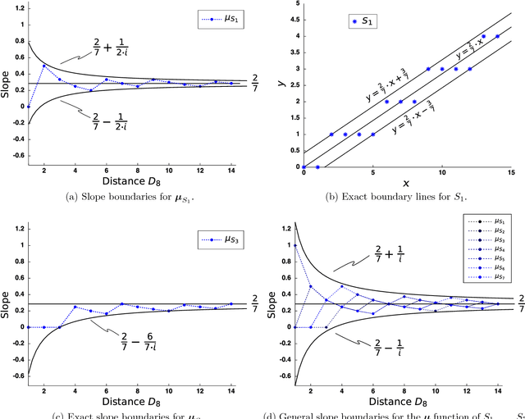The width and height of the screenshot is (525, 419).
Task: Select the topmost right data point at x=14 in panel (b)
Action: pyautogui.click(x=497, y=36)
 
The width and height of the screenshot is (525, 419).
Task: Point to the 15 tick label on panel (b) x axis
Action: pyautogui.click(x=511, y=174)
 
